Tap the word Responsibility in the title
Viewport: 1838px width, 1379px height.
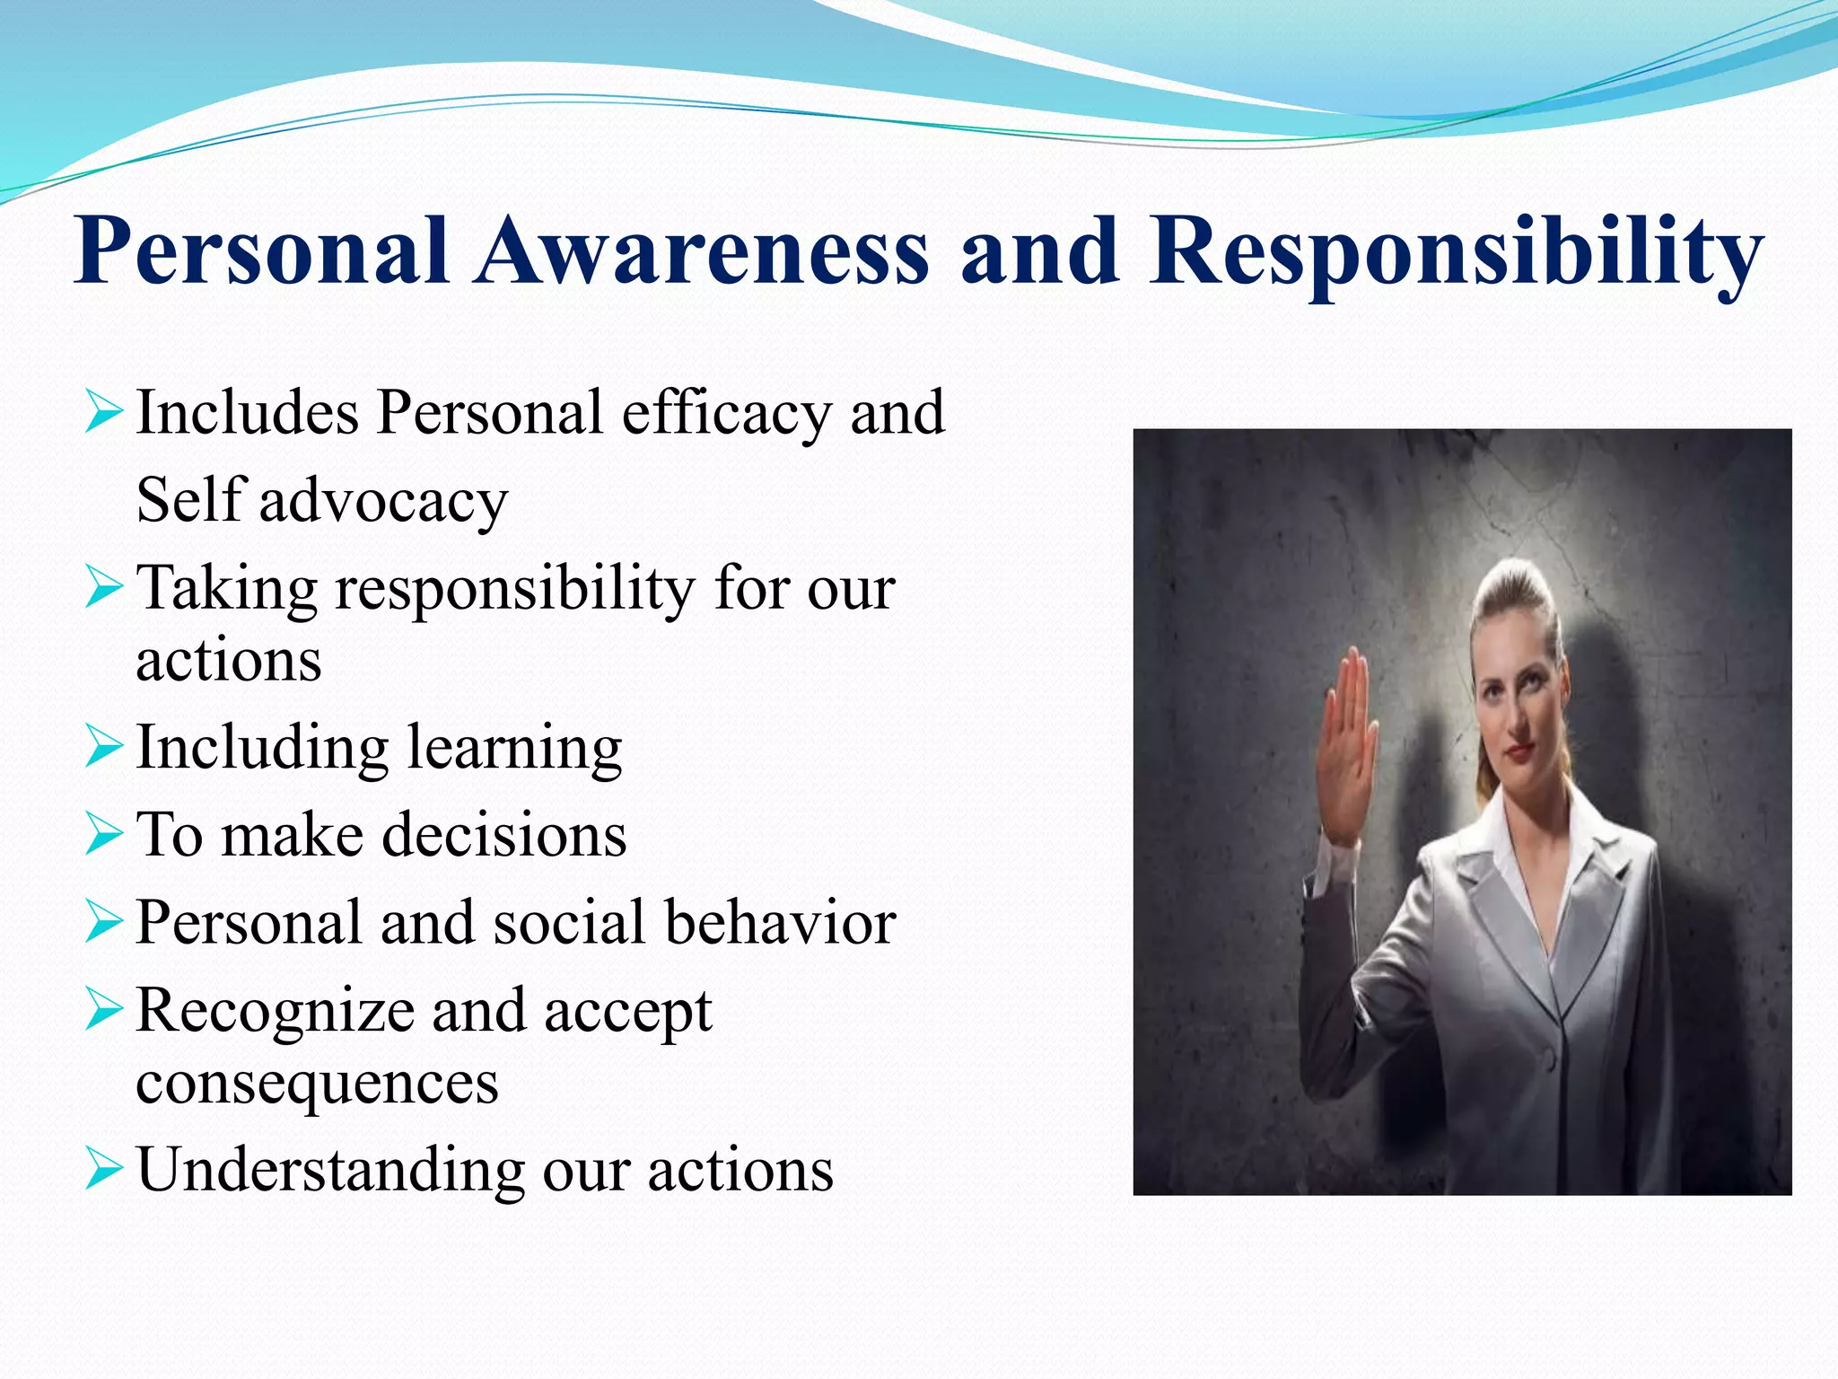tap(1456, 253)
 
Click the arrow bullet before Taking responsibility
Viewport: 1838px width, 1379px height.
tap(103, 590)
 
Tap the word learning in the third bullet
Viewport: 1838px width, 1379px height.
tap(513, 749)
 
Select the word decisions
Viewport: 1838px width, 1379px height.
tap(503, 836)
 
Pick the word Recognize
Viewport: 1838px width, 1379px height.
tap(275, 1011)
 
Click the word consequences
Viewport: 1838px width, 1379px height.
tap(317, 1083)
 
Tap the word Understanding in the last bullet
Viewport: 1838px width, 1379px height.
tap(329, 1171)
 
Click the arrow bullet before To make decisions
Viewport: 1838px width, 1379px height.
tap(103, 835)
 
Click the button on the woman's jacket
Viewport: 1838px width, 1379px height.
tap(1550, 1059)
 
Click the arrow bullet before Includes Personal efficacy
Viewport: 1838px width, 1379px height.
tap(103, 414)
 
